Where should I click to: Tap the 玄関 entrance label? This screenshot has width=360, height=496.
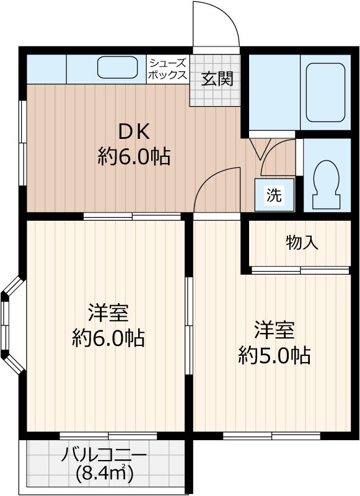pyautogui.click(x=216, y=79)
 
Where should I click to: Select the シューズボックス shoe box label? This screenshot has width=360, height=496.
pyautogui.click(x=167, y=69)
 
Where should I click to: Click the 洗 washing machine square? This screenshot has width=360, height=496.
pyautogui.click(x=273, y=195)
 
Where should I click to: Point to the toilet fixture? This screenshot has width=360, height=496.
pyautogui.click(x=325, y=184)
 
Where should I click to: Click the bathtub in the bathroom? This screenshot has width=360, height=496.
pyautogui.click(x=325, y=92)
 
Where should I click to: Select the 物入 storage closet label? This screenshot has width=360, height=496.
pyautogui.click(x=302, y=242)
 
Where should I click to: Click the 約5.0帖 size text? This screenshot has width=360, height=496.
pyautogui.click(x=274, y=355)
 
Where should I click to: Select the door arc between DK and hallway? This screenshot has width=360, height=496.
pyautogui.click(x=217, y=189)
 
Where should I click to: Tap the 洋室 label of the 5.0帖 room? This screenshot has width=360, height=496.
pyautogui.click(x=274, y=329)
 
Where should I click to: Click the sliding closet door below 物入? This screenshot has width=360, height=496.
pyautogui.click(x=301, y=270)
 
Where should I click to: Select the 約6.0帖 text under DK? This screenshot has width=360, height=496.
pyautogui.click(x=134, y=156)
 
